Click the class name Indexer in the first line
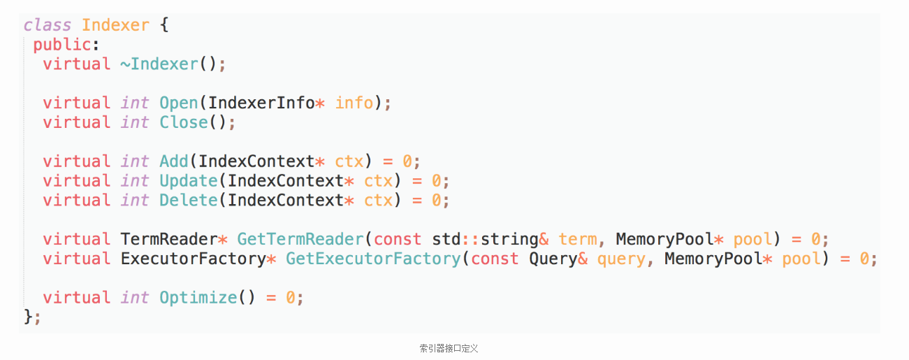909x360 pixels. click(115, 26)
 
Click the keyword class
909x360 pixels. click(48, 26)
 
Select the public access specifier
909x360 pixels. click(61, 45)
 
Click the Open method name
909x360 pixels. click(179, 103)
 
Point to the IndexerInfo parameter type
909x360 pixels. click(261, 103)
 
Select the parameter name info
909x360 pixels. click(354, 103)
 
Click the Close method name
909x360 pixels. click(184, 123)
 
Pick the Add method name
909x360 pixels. click(174, 161)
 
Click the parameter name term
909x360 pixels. click(577, 240)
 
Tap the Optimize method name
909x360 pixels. click(198, 298)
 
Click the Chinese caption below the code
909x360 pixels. click(449, 348)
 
